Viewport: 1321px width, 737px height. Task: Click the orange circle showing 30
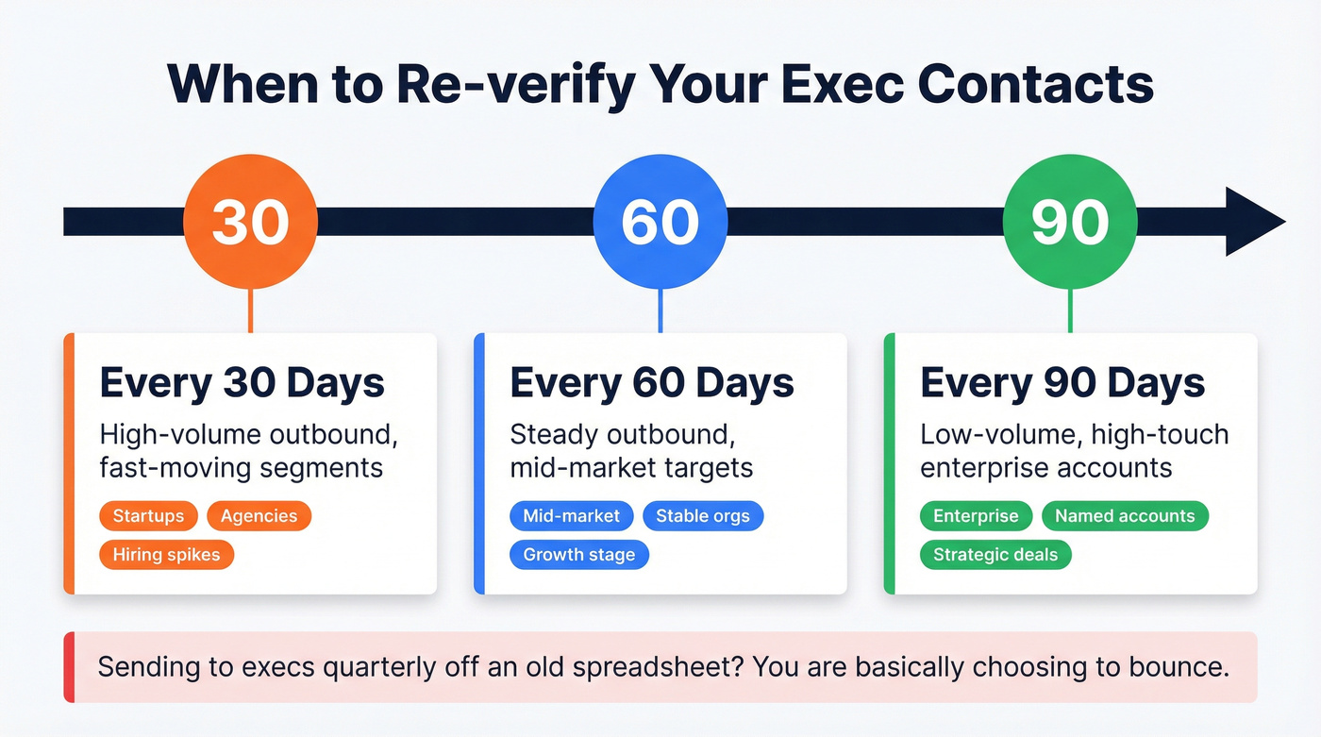point(250,223)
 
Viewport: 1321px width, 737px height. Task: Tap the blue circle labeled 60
point(660,223)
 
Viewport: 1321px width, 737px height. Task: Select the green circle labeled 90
point(1069,223)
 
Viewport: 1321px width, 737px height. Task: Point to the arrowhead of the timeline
point(1253,222)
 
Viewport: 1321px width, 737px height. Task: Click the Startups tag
point(148,516)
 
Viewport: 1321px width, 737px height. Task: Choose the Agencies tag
point(259,516)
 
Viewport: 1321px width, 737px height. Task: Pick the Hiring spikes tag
point(166,554)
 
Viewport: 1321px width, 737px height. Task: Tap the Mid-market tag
point(572,516)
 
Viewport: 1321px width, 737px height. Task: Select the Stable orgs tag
point(703,516)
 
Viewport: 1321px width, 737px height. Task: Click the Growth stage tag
point(579,554)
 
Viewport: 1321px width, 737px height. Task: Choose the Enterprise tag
point(976,516)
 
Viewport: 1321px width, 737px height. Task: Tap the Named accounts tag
point(1125,516)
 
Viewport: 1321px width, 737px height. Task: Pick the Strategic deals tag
point(995,554)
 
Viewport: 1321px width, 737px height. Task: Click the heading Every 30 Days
point(242,384)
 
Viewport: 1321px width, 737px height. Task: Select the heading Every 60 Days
point(652,384)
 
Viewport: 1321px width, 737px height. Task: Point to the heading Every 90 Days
point(1062,384)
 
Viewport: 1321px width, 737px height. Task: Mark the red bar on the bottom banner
point(68,667)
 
